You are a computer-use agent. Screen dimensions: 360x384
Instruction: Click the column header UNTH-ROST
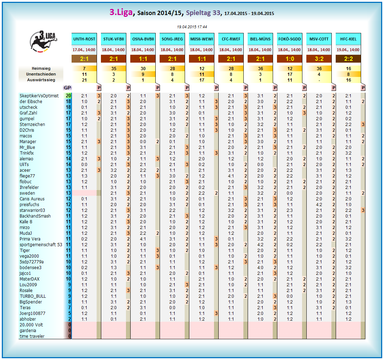pos(84,39)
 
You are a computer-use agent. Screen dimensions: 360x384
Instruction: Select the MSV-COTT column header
pos(319,39)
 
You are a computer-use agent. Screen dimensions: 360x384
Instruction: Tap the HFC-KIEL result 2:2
pos(348,59)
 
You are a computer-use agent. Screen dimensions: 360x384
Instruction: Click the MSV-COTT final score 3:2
pos(319,59)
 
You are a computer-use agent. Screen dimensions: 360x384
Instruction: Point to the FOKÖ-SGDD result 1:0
pos(290,59)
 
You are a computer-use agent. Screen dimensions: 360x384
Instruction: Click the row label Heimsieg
pos(41,68)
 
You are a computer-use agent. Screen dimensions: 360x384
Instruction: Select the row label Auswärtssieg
pos(41,80)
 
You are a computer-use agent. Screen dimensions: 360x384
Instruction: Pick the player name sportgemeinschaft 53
pos(41,245)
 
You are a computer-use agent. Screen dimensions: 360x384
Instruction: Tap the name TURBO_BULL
pos(33,296)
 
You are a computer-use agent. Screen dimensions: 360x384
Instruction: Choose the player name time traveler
pos(32,336)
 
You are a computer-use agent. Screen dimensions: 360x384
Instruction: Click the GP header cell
pos(67,88)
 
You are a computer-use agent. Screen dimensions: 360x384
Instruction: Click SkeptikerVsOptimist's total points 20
pos(68,96)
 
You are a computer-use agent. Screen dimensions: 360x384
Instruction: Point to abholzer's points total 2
pos(69,319)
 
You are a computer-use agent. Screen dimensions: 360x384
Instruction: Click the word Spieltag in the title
pos(199,13)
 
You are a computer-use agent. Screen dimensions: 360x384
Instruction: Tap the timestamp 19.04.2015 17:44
pos(192,27)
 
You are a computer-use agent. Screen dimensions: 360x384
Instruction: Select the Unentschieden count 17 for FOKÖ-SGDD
pos(290,74)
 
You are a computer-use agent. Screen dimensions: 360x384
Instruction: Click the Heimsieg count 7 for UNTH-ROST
pos(84,68)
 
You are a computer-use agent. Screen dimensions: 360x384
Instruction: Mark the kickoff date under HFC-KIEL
pos(348,50)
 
